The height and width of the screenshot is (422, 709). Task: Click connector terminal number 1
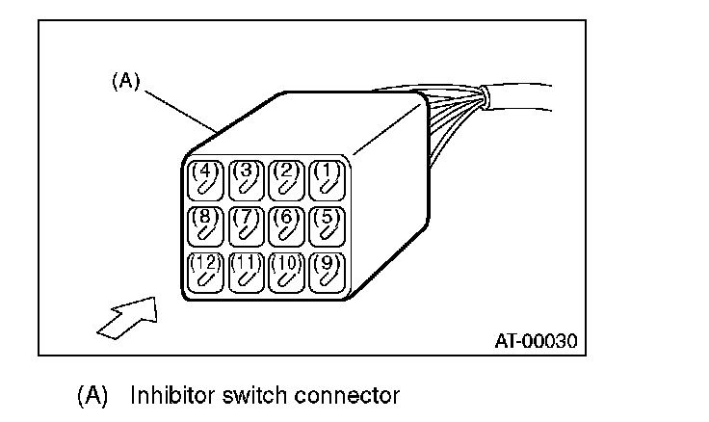click(328, 178)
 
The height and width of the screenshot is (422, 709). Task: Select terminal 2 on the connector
click(286, 178)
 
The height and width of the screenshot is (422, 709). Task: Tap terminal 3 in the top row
click(247, 178)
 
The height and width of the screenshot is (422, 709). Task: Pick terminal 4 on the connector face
click(204, 178)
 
